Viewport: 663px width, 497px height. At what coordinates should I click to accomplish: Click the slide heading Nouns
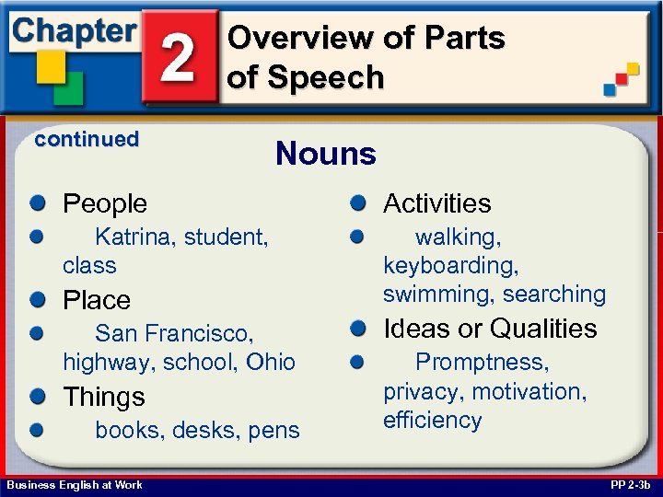coord(326,154)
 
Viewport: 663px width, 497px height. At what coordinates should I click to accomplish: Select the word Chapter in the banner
coord(74,30)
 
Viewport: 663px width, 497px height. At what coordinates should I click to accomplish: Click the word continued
coord(86,140)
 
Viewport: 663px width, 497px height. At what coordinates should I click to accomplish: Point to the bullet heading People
coord(104,203)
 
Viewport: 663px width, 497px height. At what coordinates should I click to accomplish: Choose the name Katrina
coord(135,237)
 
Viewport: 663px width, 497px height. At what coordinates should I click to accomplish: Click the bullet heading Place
coord(96,300)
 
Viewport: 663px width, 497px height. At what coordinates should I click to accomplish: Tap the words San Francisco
coord(174,332)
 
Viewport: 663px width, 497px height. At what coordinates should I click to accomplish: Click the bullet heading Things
coord(103,397)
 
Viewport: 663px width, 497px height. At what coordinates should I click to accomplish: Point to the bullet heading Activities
coord(436,203)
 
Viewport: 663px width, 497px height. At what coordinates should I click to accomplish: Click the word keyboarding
coord(450,266)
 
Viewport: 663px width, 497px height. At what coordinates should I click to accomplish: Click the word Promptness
coord(482,363)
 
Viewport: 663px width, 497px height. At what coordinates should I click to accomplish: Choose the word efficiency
coord(432,421)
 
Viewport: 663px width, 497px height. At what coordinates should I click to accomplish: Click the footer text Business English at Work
coord(74,485)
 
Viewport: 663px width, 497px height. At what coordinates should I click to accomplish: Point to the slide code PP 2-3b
coord(629,485)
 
